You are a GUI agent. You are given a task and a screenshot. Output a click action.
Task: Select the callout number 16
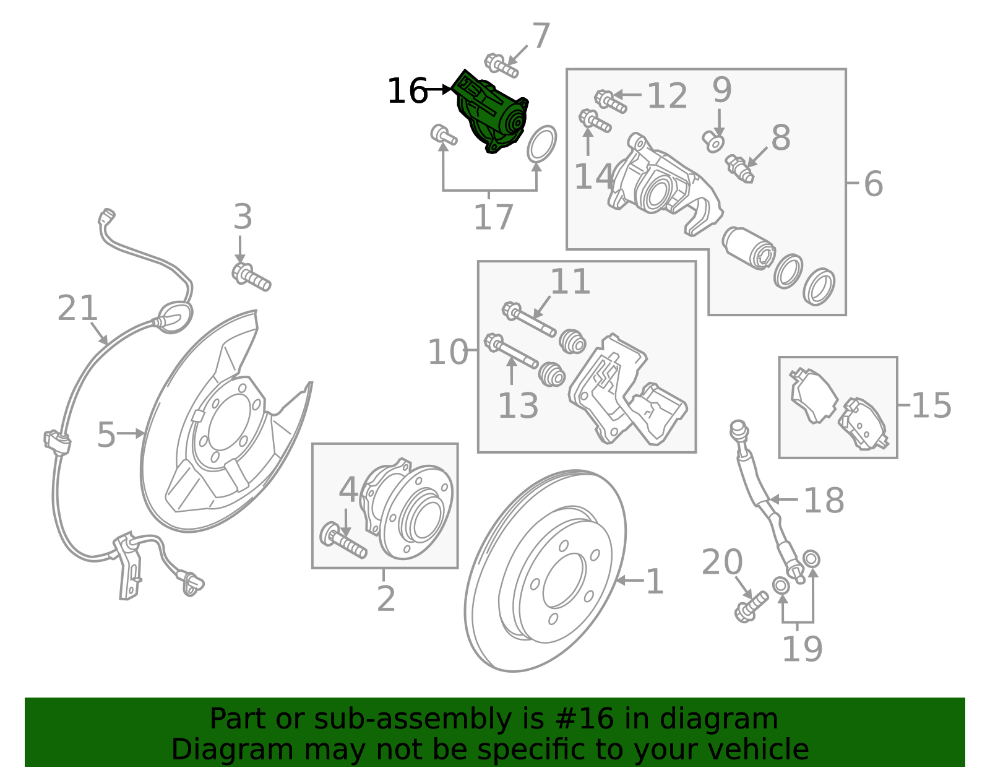click(407, 92)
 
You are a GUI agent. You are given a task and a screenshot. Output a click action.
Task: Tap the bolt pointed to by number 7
click(501, 66)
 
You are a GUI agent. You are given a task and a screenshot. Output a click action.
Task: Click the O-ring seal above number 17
click(541, 144)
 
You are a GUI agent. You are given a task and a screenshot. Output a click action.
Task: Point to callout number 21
click(77, 308)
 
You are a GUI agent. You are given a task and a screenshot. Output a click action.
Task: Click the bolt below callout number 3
click(251, 277)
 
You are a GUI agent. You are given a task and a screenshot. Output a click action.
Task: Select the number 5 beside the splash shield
click(106, 435)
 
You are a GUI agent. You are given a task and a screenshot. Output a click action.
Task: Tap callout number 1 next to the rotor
click(654, 582)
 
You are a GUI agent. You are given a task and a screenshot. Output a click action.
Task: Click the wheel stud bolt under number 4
click(343, 541)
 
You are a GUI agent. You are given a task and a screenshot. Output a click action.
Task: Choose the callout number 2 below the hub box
click(385, 598)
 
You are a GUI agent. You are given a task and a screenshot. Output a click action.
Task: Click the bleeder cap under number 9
click(713, 142)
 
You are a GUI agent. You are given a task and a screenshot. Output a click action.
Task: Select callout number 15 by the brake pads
click(931, 405)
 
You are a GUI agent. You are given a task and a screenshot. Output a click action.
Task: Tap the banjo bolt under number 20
click(751, 606)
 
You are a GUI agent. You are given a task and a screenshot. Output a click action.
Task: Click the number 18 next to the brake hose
click(823, 500)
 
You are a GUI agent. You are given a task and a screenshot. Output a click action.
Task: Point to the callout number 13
click(518, 406)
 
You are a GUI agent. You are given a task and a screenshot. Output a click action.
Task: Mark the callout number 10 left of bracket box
click(448, 352)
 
